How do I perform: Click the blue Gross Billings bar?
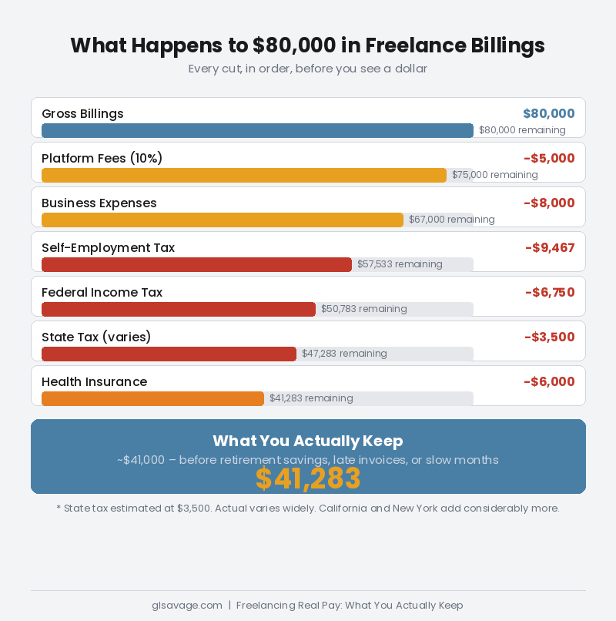point(257,131)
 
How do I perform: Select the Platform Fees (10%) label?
point(102,159)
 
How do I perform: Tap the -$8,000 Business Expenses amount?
point(549,203)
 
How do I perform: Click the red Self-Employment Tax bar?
point(196,265)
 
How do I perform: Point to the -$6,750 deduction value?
point(550,293)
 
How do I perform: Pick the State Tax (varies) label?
point(96,337)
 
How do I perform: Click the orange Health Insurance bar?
point(152,399)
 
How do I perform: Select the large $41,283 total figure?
point(308,479)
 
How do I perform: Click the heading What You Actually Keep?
point(308,441)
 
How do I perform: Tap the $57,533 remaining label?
point(400,264)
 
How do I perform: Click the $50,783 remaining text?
point(363,309)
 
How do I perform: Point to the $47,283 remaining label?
point(344,354)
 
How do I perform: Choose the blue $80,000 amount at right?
point(548,114)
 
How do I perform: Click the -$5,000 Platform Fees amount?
point(549,159)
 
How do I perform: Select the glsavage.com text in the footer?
point(187,606)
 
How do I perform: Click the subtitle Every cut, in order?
point(308,69)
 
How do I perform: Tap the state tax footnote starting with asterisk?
point(308,509)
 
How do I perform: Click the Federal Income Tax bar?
point(179,310)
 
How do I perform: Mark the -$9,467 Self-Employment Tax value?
point(550,248)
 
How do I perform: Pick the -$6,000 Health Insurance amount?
point(549,382)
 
